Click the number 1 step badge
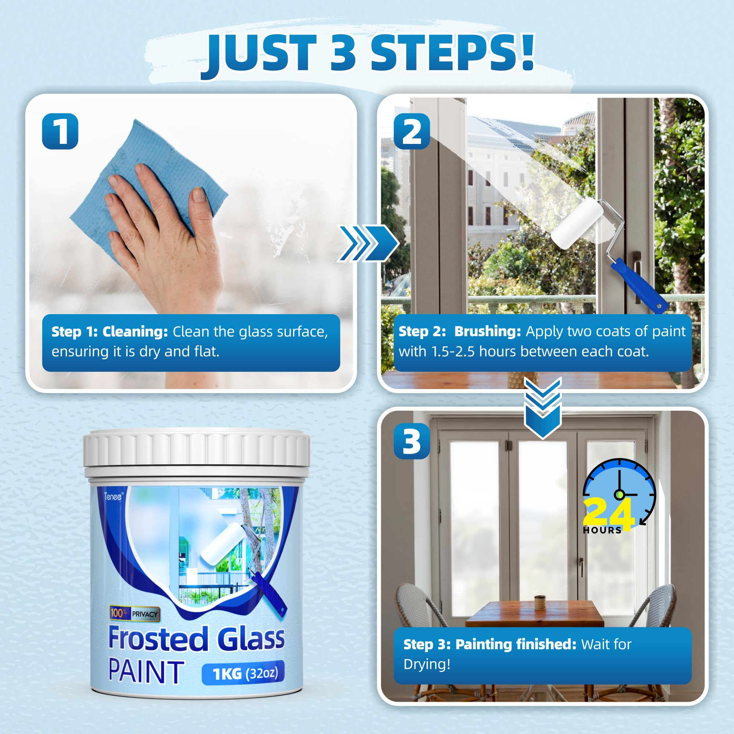click(x=60, y=131)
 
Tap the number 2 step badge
click(x=411, y=131)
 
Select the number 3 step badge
click(x=411, y=441)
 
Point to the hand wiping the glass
click(x=167, y=236)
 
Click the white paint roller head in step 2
click(x=576, y=224)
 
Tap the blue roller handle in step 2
click(x=638, y=285)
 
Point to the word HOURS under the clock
click(x=602, y=530)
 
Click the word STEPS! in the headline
click(x=452, y=53)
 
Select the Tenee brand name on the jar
click(x=113, y=497)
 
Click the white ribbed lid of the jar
click(x=196, y=450)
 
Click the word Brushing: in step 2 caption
click(x=487, y=331)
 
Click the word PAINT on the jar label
click(x=146, y=672)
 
